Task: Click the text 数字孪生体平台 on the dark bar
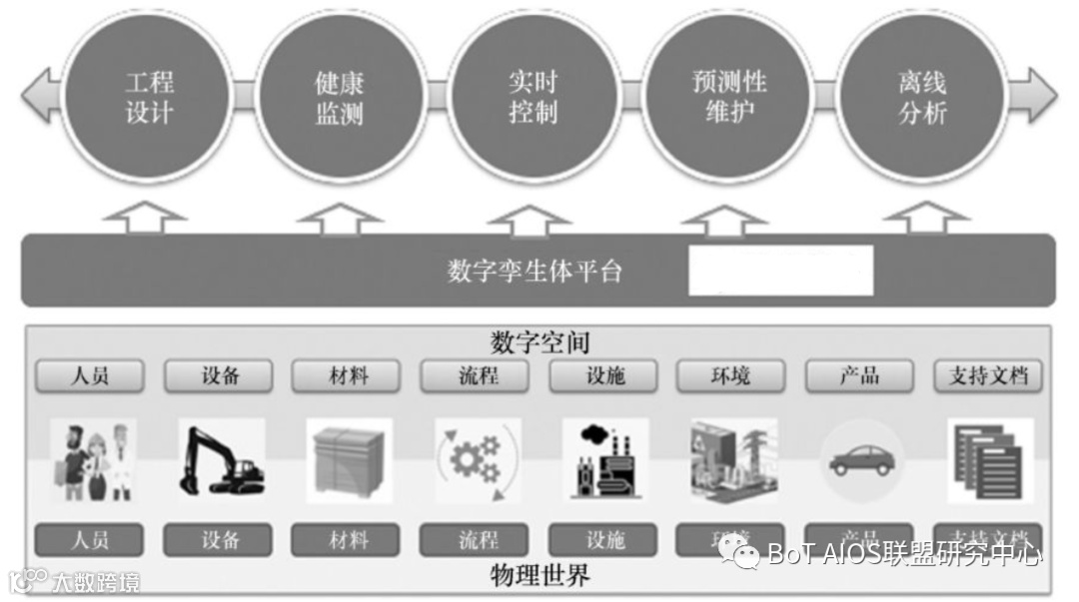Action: click(x=535, y=271)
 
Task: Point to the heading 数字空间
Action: click(x=539, y=342)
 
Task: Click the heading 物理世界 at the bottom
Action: click(x=539, y=576)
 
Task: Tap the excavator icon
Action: click(x=221, y=460)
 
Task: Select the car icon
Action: click(x=862, y=460)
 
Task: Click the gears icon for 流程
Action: click(x=478, y=460)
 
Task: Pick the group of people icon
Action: click(x=92, y=460)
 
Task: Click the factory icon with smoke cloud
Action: click(x=604, y=460)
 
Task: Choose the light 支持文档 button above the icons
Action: click(x=988, y=376)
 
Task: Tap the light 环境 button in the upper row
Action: click(x=730, y=376)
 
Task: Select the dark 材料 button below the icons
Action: click(x=348, y=540)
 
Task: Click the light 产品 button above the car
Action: click(x=859, y=376)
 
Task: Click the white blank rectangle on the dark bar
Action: click(x=780, y=270)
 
